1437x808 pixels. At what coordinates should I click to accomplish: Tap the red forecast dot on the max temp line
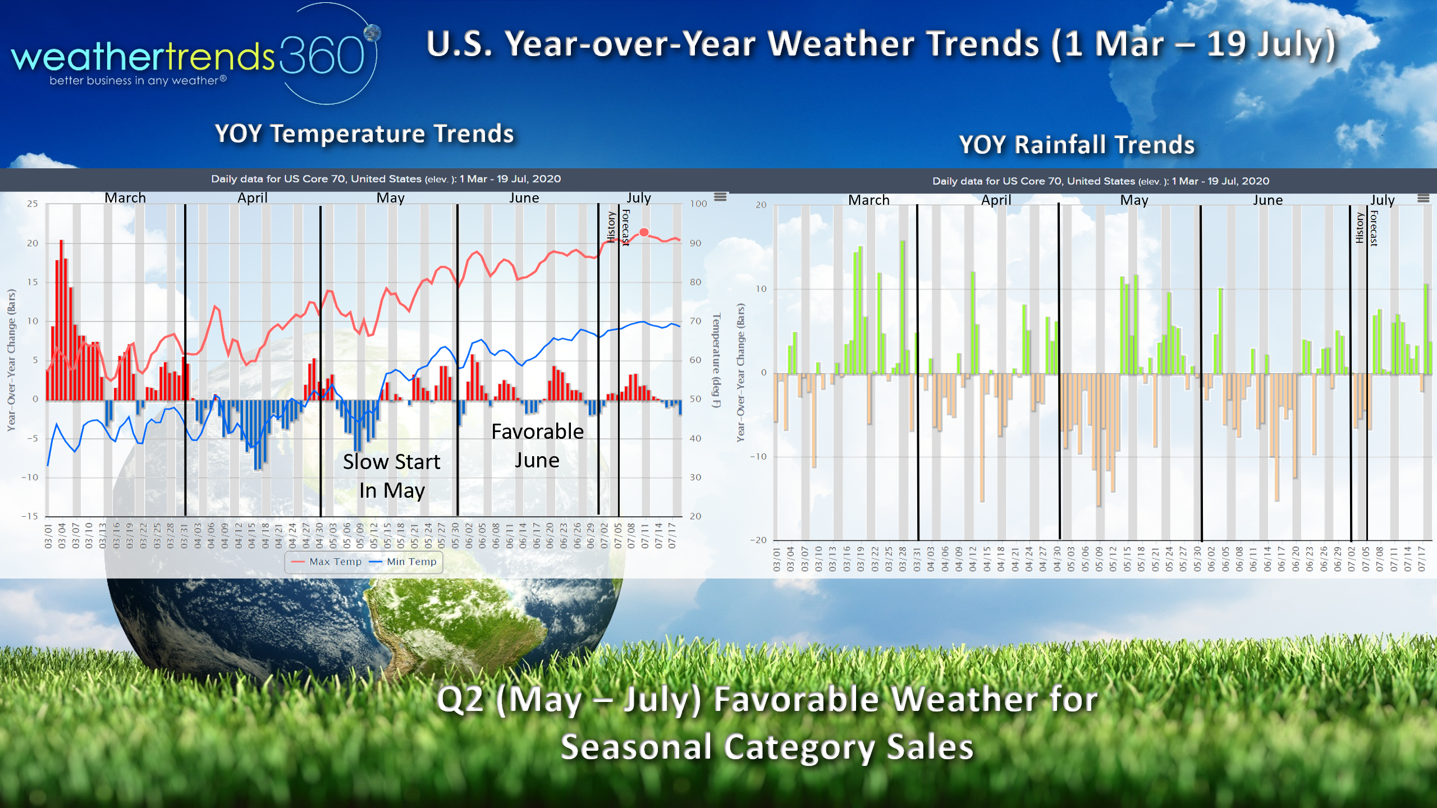644,232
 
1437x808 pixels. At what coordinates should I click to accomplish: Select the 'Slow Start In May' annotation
392,476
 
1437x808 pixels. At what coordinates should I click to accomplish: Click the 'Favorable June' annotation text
537,446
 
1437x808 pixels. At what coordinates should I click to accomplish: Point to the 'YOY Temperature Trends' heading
364,134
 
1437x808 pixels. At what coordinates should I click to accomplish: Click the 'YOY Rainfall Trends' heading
1077,145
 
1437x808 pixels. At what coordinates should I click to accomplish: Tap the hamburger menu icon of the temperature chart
720,197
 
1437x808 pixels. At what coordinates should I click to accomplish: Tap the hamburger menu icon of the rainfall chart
1423,199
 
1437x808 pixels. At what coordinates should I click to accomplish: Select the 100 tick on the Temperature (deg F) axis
698,204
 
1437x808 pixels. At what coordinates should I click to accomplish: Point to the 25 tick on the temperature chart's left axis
33,204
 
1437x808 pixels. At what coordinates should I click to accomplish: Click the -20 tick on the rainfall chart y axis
758,540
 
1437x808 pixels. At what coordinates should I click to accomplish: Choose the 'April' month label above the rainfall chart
996,200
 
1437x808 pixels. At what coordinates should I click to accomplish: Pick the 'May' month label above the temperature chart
390,198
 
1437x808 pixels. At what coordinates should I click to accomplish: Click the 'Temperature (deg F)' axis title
716,360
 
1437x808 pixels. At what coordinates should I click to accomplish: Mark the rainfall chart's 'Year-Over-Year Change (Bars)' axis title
741,373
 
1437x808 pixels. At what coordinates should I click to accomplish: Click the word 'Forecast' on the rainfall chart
1374,228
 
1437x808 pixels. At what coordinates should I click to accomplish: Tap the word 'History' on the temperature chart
611,227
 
